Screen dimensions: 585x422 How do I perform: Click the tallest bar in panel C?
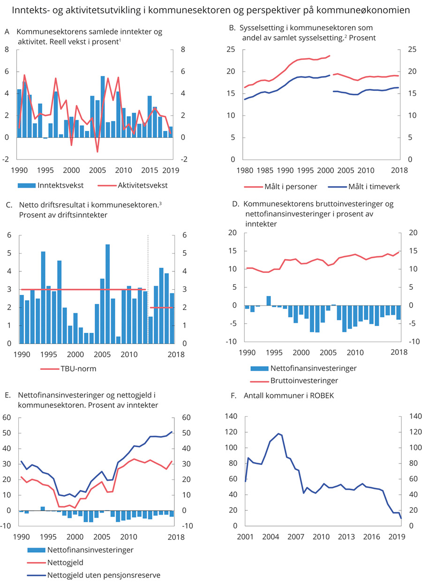(x=107, y=293)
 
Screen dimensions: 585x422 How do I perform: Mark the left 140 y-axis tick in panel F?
(x=231, y=416)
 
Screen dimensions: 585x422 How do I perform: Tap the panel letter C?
(x=8, y=205)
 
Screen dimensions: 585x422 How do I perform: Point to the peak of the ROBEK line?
(x=279, y=433)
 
